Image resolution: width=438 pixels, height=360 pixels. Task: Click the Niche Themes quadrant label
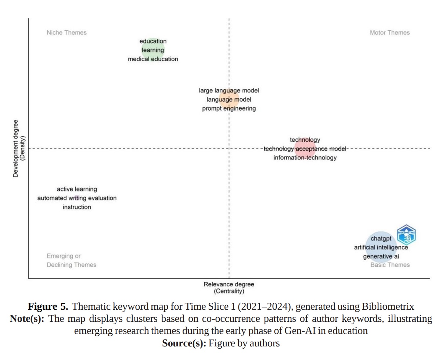(67, 33)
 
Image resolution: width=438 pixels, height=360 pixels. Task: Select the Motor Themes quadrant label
(389, 33)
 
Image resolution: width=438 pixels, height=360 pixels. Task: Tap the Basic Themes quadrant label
(389, 265)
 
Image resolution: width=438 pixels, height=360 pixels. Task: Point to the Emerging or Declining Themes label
(71, 260)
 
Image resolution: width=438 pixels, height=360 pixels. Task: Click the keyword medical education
(153, 59)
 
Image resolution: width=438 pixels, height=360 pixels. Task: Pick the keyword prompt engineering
(229, 109)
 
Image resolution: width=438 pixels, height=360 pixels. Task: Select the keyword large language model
(229, 90)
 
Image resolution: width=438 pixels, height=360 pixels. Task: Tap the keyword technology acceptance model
(305, 149)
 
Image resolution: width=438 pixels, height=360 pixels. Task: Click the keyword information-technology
(305, 158)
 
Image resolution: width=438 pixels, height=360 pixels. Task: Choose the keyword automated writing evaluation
(77, 198)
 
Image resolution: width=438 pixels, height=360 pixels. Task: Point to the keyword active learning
(77, 189)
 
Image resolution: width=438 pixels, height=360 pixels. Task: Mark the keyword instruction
(77, 207)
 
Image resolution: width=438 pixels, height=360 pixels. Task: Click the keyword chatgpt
(381, 239)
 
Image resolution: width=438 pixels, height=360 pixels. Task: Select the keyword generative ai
(381, 257)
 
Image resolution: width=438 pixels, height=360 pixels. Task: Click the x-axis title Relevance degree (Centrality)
(229, 288)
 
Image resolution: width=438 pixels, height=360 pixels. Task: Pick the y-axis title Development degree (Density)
(18, 148)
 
